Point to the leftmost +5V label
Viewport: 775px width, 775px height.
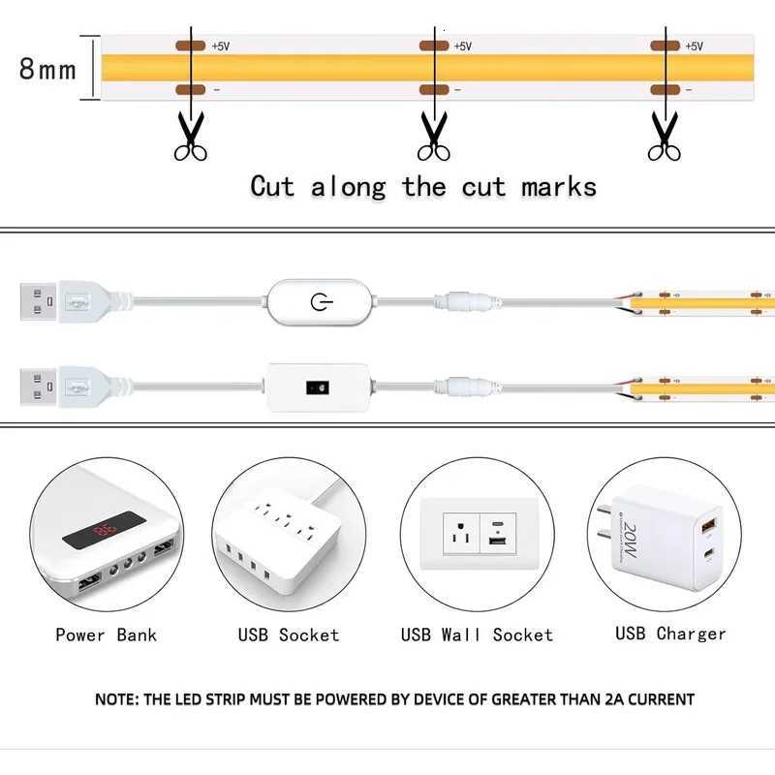[222, 46]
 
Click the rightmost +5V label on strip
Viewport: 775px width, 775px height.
[695, 46]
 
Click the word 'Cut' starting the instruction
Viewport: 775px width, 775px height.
[272, 186]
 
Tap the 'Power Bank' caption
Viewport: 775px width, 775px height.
[106, 635]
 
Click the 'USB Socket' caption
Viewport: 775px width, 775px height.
[289, 635]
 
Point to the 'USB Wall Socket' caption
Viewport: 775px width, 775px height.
[477, 635]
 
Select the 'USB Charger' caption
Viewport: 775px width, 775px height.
[670, 634]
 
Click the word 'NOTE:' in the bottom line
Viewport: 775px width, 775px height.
[117, 698]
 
